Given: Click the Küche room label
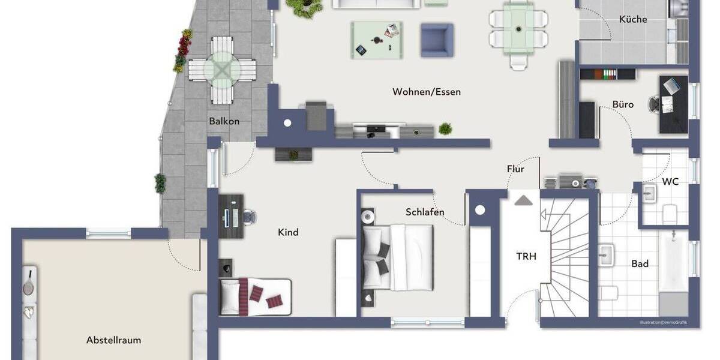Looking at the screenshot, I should [633, 19].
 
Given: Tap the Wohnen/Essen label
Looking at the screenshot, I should [427, 92].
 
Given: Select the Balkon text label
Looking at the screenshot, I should [224, 121].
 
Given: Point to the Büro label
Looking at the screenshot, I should [623, 104].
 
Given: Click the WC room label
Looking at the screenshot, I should [670, 181].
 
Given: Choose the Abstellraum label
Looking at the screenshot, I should [113, 340].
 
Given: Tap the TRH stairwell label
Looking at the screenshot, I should [526, 256].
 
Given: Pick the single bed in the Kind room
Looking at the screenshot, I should [256, 296].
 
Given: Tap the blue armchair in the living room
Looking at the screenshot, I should [437, 40].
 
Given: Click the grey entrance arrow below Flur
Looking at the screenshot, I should [523, 200].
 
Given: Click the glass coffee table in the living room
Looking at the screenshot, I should [376, 40].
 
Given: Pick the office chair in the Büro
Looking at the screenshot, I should [655, 104].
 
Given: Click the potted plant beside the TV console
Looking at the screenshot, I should [445, 128].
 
